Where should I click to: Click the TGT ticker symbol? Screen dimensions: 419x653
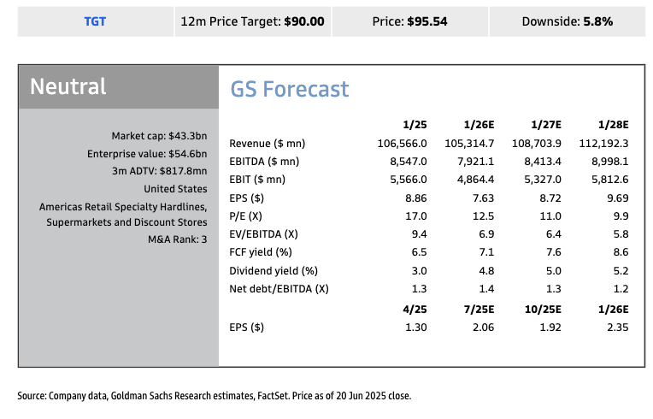[x=95, y=21]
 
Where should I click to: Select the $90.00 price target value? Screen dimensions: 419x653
[x=304, y=21]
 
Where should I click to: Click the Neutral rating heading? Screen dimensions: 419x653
[x=68, y=86]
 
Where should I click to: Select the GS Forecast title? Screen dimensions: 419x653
[x=290, y=89]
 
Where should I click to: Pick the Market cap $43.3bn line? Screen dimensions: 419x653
[x=159, y=136]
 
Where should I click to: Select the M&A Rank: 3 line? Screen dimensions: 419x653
[x=178, y=239]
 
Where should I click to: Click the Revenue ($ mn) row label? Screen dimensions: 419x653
[x=268, y=143]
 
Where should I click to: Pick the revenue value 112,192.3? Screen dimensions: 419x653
[x=603, y=143]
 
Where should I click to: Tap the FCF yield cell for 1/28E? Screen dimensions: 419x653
[x=621, y=251]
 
